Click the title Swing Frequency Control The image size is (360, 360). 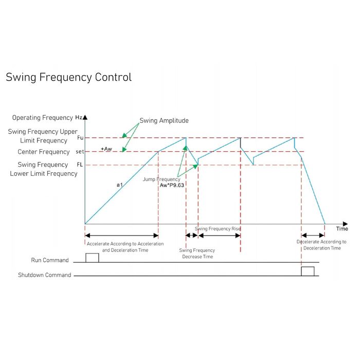point(68,77)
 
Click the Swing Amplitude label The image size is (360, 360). point(164,121)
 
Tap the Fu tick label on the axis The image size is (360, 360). point(80,138)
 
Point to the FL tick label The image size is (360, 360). point(80,165)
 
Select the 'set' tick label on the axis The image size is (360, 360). point(80,152)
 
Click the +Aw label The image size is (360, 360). point(106,149)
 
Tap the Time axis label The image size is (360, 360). point(342,228)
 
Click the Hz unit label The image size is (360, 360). point(78,118)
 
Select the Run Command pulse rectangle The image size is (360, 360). point(92,258)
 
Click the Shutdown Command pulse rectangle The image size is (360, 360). point(308,272)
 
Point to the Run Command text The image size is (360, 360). point(50,260)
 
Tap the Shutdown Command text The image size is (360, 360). point(44,275)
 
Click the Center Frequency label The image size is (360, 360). point(44,152)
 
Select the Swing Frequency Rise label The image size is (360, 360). point(218,228)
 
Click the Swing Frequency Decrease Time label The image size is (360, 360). point(197,253)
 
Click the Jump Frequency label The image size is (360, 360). point(161,179)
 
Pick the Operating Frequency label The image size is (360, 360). point(42,118)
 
